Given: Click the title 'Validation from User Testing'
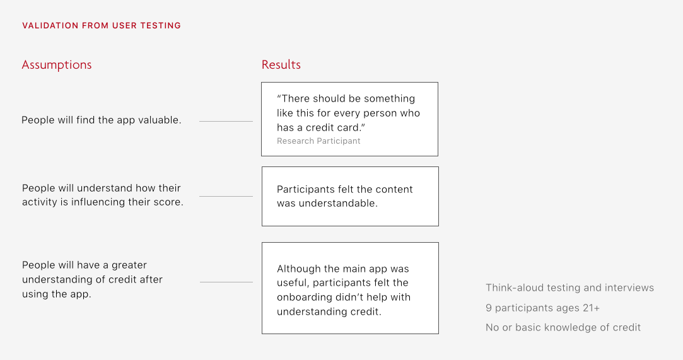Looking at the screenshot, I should click(x=102, y=26).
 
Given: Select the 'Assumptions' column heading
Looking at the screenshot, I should click(x=57, y=65).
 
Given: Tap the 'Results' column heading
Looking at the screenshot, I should click(x=281, y=65).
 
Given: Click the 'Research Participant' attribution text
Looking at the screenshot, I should click(x=318, y=141).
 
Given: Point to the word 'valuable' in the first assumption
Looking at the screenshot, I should click(x=160, y=120).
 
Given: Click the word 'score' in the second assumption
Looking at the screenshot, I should click(x=168, y=202).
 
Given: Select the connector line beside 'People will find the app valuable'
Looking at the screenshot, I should click(x=226, y=121).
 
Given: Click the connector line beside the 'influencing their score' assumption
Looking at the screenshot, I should click(x=226, y=196).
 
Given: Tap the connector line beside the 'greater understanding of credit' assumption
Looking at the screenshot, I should click(x=226, y=282).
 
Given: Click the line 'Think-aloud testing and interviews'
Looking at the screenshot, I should click(x=569, y=288).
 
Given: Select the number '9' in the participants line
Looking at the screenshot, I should click(x=489, y=308).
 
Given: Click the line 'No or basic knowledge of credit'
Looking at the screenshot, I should click(x=563, y=328).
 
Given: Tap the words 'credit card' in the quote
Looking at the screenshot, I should click(x=334, y=128).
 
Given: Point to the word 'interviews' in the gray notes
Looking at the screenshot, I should click(x=630, y=288).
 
